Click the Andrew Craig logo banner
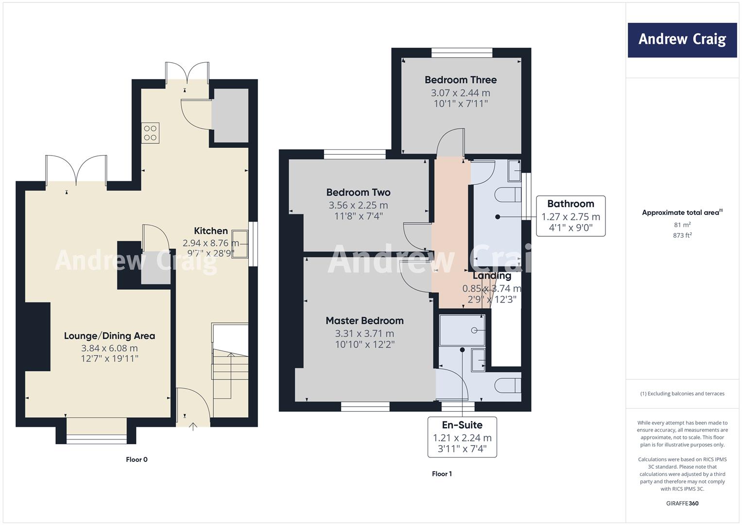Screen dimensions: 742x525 (x=682, y=40)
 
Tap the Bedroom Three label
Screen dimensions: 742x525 (x=461, y=80)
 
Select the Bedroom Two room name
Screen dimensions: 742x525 (x=358, y=192)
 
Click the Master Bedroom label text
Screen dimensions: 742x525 (x=365, y=320)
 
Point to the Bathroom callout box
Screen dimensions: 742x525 (x=570, y=216)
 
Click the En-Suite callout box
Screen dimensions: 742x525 (x=462, y=437)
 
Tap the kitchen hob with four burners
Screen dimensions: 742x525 (x=150, y=133)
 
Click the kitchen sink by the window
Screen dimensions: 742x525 (x=240, y=244)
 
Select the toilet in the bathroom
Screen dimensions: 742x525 (x=507, y=195)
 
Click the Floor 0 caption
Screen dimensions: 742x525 (x=137, y=459)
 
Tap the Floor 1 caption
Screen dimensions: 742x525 (x=442, y=474)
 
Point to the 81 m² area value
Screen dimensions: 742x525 (x=682, y=225)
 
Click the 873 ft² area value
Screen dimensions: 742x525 (x=682, y=235)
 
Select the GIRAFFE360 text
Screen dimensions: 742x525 (x=682, y=504)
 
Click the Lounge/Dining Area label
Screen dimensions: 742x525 (x=109, y=336)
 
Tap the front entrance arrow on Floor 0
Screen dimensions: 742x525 (x=193, y=427)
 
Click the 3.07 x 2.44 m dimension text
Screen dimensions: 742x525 (x=461, y=93)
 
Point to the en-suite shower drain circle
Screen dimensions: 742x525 (x=474, y=331)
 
